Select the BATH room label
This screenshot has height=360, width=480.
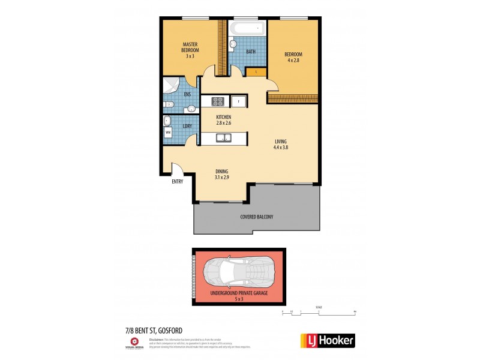click(250, 52)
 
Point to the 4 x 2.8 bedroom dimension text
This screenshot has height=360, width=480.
click(292, 61)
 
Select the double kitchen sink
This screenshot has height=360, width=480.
click(224, 138)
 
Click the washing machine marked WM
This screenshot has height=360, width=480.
click(168, 131)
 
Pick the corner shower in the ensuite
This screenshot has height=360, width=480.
click(170, 86)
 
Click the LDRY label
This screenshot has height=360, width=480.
click(187, 126)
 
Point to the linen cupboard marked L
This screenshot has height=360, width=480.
click(256, 73)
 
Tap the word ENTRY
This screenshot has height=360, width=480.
click(178, 181)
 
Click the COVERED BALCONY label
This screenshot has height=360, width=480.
click(256, 217)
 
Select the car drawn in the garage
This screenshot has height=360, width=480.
click(239, 274)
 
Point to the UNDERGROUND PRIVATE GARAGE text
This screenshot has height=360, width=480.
click(238, 293)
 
